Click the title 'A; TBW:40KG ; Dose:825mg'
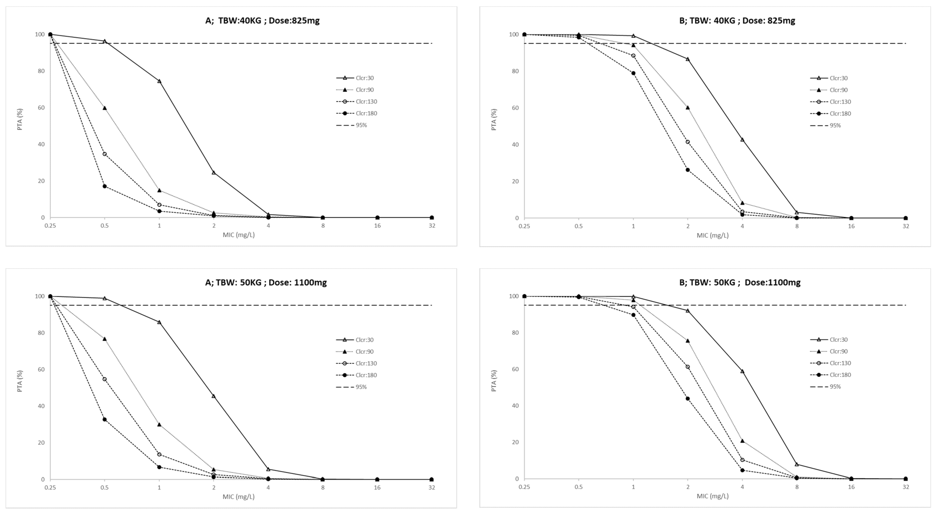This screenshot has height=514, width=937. point(262,21)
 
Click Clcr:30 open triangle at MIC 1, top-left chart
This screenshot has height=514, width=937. point(159,81)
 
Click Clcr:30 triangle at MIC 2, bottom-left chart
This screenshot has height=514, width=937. point(214,396)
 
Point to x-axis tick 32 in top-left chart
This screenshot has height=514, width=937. point(432,226)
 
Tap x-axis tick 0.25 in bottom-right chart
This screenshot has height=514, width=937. point(524,487)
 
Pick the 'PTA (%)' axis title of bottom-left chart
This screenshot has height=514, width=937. point(20,381)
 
